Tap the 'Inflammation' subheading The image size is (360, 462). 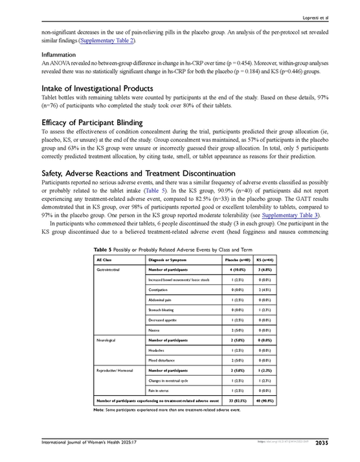click(59, 54)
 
